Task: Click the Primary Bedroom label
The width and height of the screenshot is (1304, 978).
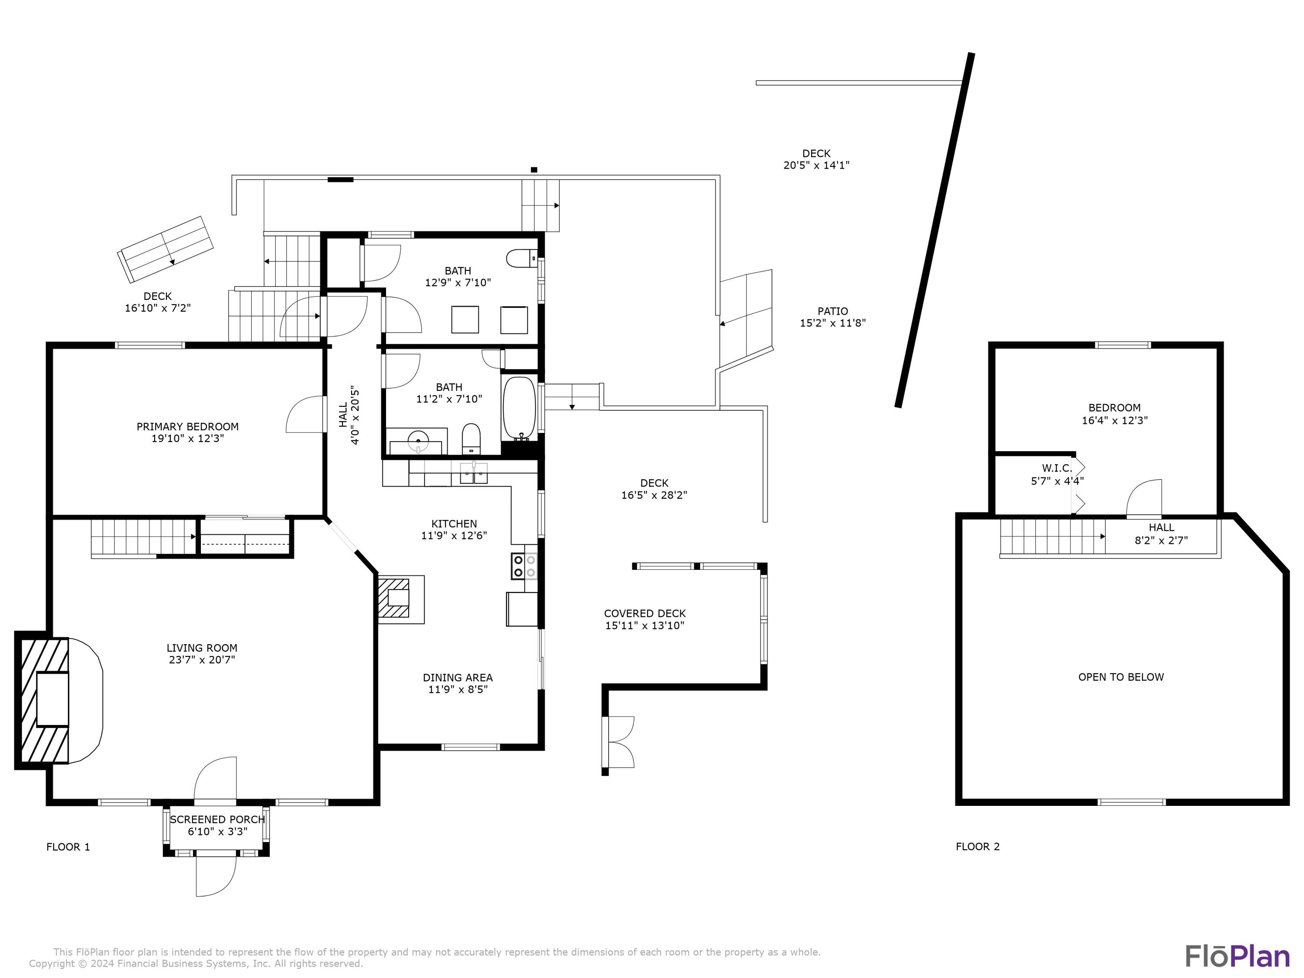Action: tap(187, 432)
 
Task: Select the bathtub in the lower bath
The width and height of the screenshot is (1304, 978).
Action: tap(519, 409)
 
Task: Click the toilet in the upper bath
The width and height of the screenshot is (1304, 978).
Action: tap(522, 258)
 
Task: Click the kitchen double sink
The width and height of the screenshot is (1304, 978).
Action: tap(473, 473)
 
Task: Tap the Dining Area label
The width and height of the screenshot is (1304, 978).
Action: tap(457, 683)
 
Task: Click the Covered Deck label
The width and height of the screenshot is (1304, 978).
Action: tap(645, 619)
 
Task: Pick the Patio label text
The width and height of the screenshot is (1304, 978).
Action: tap(832, 311)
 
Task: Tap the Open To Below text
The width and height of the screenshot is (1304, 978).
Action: tap(1121, 677)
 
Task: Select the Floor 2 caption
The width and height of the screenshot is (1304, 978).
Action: tap(978, 847)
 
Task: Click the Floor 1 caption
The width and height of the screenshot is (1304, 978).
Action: tap(68, 847)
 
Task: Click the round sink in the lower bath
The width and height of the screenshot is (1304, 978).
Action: tap(419, 439)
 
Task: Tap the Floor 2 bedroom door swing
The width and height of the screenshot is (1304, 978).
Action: tap(1144, 498)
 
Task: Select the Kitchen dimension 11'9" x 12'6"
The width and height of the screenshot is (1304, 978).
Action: tap(454, 535)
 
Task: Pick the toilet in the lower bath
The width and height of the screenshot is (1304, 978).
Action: tap(471, 439)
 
